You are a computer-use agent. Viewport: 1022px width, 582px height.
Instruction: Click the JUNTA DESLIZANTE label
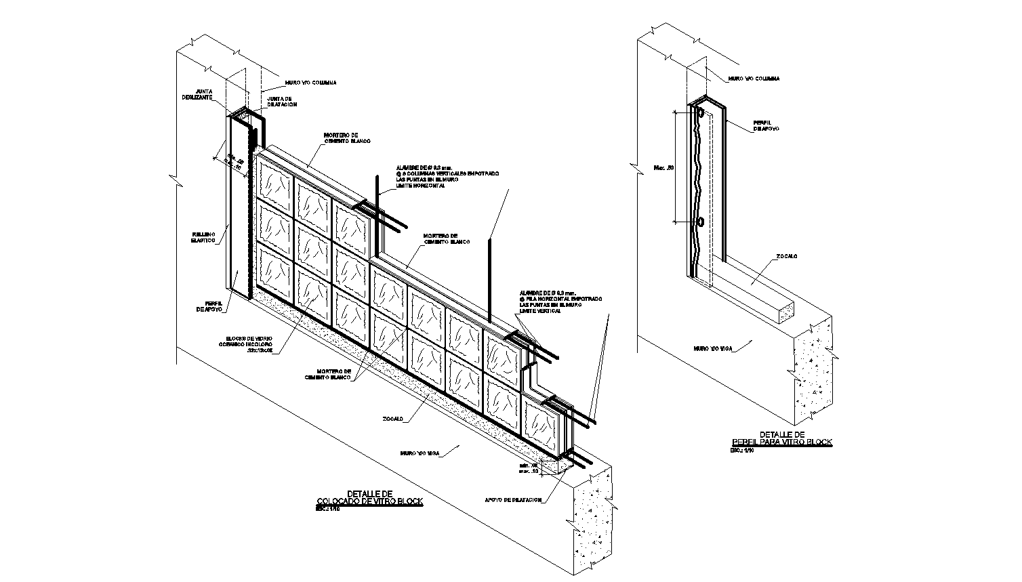197,94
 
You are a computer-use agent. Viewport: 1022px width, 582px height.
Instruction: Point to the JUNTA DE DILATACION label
281,101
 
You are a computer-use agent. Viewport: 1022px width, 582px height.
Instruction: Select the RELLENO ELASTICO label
203,237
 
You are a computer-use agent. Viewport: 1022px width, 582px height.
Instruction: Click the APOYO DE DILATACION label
513,500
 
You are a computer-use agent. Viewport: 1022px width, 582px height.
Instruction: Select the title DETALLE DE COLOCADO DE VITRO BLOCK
369,498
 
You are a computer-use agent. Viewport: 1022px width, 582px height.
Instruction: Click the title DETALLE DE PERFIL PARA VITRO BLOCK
781,438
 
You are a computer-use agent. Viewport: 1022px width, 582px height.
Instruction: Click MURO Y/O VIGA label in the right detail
711,348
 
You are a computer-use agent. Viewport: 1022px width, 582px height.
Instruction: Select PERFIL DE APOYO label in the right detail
766,125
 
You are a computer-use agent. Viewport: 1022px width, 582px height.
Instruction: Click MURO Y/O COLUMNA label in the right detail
754,79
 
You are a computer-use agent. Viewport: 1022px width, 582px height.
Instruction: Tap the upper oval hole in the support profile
701,114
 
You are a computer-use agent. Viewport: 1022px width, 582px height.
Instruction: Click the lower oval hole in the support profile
700,222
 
